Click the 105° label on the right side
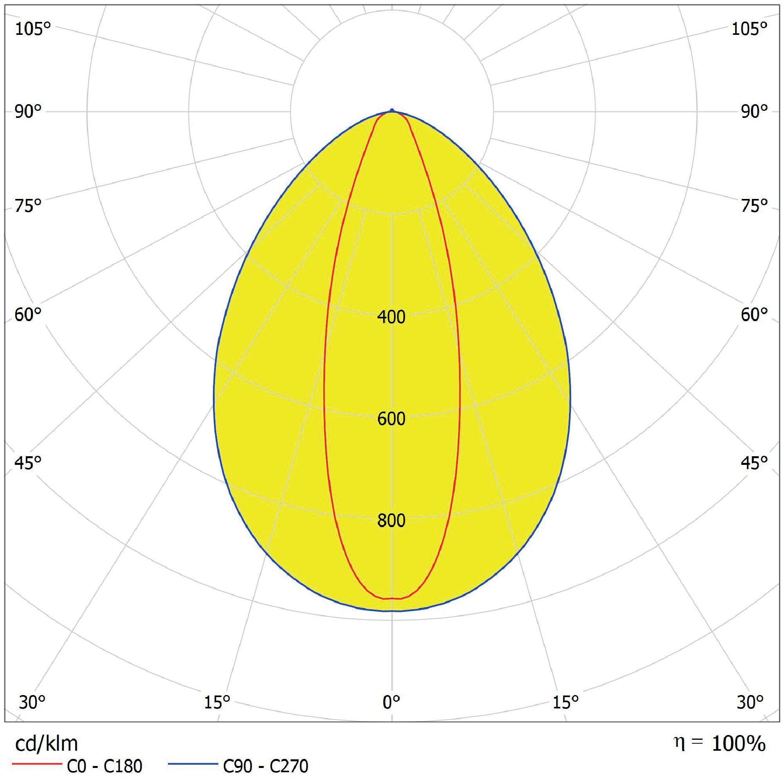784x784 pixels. click(749, 29)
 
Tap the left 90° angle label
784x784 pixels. click(29, 112)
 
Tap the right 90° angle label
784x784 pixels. click(754, 112)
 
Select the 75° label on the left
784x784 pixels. click(29, 206)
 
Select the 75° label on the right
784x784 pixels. click(754, 206)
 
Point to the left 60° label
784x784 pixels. click(29, 315)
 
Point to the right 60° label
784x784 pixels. click(754, 315)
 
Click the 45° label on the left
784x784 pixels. click(29, 463)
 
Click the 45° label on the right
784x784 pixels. click(754, 463)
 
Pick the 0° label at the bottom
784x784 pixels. click(392, 702)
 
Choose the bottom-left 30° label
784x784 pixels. click(32, 702)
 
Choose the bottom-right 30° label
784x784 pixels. click(750, 702)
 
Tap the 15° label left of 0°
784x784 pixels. click(217, 702)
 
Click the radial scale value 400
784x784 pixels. click(391, 317)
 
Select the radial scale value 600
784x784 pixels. click(391, 419)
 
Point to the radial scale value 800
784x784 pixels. click(391, 520)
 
